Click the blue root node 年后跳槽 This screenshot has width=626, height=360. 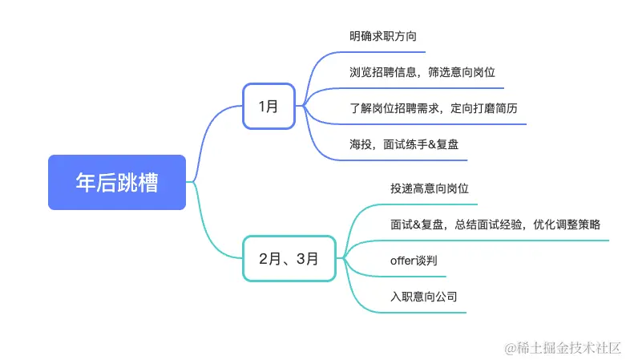(x=117, y=182)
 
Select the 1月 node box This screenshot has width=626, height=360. (x=269, y=105)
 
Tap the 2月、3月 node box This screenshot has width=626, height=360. (x=289, y=258)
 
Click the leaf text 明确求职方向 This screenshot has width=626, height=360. (x=383, y=36)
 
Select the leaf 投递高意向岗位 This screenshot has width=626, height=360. (x=430, y=188)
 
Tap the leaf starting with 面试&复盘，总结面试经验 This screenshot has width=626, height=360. (x=495, y=224)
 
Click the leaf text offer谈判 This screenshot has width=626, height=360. (x=414, y=261)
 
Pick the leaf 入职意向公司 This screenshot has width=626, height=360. (x=424, y=297)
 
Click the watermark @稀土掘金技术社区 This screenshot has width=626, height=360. (x=563, y=347)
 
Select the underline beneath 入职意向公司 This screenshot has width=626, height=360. (x=425, y=313)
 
